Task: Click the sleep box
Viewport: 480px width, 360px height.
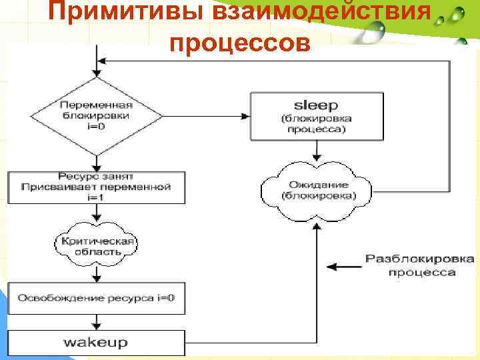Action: tap(317, 117)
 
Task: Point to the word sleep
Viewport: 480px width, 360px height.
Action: tap(317, 105)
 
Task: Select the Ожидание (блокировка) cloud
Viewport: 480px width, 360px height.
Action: tap(318, 189)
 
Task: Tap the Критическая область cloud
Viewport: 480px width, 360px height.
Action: tap(97, 246)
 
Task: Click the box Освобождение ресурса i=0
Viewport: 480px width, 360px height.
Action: tap(96, 297)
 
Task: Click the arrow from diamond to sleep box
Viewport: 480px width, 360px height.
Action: tap(207, 116)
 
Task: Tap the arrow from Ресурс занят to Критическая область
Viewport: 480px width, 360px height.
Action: tap(97, 213)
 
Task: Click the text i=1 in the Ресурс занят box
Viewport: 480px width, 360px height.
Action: tap(97, 197)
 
